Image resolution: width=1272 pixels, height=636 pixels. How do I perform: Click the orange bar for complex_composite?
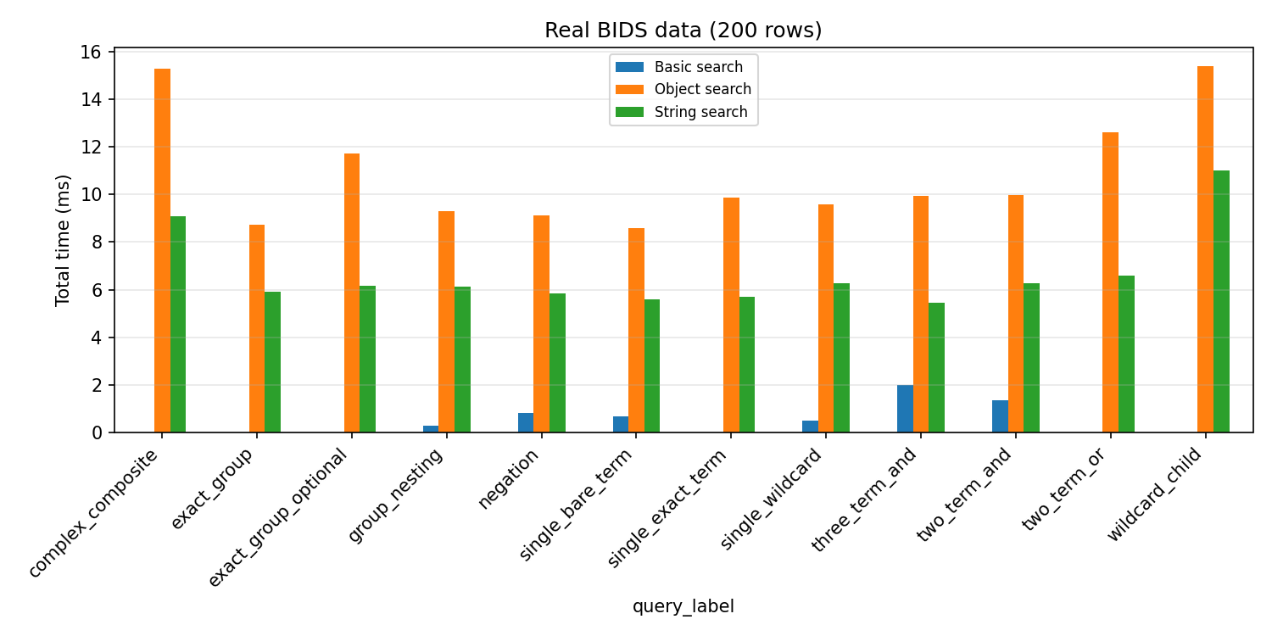pos(162,250)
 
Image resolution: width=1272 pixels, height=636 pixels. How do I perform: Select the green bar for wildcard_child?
pos(1221,301)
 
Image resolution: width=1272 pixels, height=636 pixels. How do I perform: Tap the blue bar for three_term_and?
pos(905,409)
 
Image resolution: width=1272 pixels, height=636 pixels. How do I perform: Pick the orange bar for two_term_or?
pos(1110,282)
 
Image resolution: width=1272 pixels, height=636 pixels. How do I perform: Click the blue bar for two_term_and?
pos(1000,416)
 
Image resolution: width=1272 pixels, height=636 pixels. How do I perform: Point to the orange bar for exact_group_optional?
pos(352,293)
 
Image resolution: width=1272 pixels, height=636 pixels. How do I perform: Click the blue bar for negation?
pos(526,422)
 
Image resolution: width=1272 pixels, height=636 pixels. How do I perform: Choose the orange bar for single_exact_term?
pos(731,315)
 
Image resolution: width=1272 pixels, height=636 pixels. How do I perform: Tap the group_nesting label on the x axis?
pos(396,495)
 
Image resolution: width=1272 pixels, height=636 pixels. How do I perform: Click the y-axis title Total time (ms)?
pos(63,241)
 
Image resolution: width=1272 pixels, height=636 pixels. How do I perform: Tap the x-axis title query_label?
pos(683,606)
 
